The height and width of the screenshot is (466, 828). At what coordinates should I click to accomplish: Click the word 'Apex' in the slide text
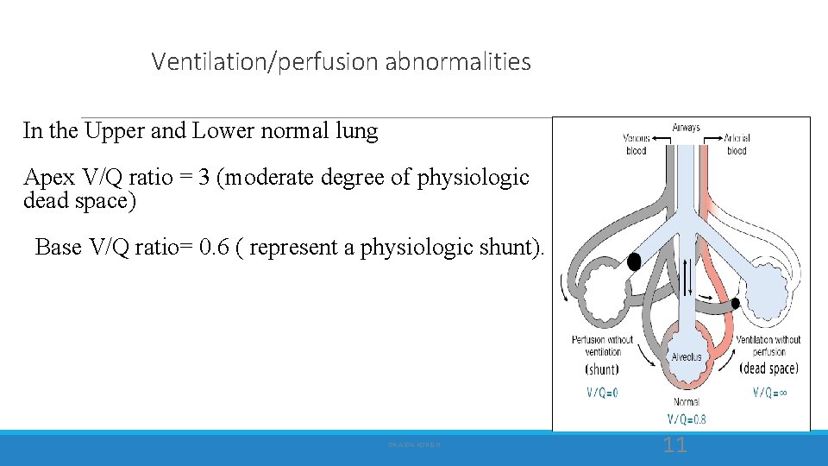[49, 178]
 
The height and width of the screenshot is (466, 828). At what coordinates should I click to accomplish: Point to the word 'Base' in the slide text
[59, 248]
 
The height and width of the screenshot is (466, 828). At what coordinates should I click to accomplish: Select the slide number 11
[675, 445]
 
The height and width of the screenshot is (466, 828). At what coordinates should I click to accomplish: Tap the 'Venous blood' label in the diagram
[637, 144]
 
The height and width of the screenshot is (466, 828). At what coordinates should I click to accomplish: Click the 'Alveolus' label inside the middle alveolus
[687, 356]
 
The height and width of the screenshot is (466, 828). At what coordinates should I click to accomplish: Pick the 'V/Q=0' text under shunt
[602, 393]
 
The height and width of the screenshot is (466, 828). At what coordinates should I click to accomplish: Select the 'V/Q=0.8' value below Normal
[687, 420]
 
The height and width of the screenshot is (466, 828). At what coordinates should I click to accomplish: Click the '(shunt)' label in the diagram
[602, 369]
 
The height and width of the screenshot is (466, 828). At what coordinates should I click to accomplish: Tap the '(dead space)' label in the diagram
[768, 368]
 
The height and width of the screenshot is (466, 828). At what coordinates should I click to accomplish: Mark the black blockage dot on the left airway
[634, 261]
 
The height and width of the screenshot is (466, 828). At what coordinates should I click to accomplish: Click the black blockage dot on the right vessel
[735, 303]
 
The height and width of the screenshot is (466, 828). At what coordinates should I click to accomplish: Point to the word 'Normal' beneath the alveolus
[687, 402]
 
